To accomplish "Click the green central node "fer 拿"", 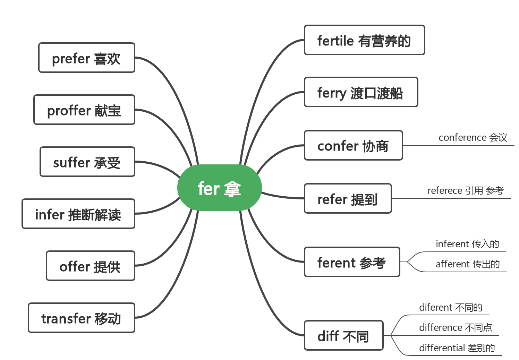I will (219, 188).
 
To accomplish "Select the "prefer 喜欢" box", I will (86, 58).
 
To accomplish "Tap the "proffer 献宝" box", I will (84, 110).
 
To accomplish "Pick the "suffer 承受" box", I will (87, 162).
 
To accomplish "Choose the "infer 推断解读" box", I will (78, 214).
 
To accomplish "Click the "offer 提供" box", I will (90, 266).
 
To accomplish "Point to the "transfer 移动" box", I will (81, 318).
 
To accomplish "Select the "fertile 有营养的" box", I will (364, 40).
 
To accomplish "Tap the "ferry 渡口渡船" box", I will (361, 92).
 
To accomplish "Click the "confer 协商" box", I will (353, 146).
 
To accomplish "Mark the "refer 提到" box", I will (348, 199).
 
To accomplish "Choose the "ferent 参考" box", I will (352, 262).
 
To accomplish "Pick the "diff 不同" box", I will (343, 336).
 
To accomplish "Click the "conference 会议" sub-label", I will (473, 138).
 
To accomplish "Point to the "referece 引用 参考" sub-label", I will (466, 191).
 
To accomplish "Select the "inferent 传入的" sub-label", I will (467, 244).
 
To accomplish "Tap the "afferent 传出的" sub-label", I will (468, 264).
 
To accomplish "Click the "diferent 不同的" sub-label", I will (451, 308).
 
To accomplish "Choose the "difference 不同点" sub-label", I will (456, 328).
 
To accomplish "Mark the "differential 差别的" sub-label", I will (457, 348).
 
